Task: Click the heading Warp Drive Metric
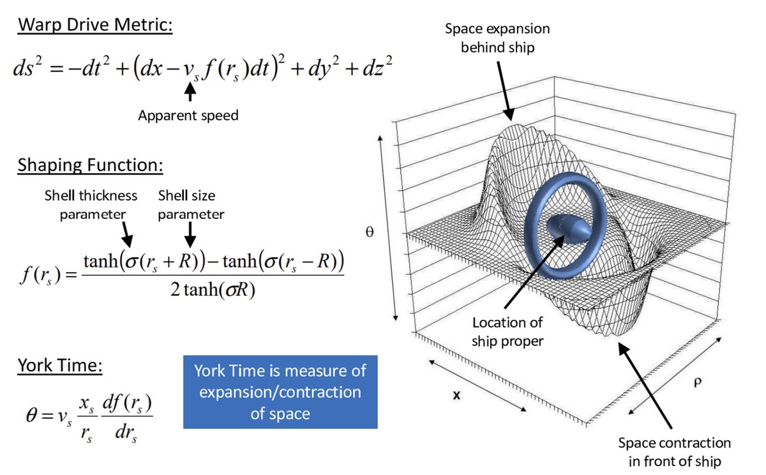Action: tap(94, 27)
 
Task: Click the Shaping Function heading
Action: tap(90, 165)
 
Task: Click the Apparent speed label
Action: tap(189, 116)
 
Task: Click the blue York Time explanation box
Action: tap(280, 391)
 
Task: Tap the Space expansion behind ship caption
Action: tap(497, 38)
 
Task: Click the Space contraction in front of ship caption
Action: tap(674, 451)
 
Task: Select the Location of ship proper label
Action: tap(507, 332)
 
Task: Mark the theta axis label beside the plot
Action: tap(368, 233)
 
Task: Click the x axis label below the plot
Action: tap(456, 395)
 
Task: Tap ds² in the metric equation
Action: tap(28, 68)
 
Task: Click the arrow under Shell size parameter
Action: tap(190, 236)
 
